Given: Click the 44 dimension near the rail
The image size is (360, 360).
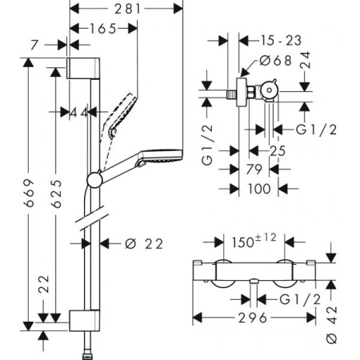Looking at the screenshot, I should point(78,114).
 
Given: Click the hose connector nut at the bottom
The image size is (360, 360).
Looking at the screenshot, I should point(86,352).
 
